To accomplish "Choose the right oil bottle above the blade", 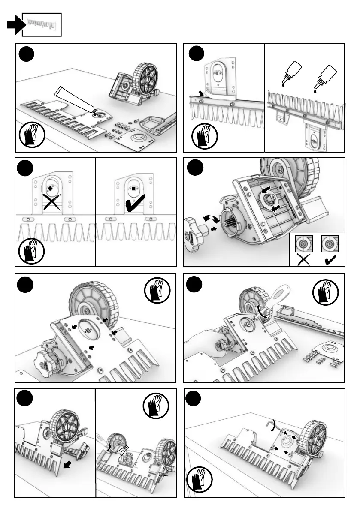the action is [x=325, y=77].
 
